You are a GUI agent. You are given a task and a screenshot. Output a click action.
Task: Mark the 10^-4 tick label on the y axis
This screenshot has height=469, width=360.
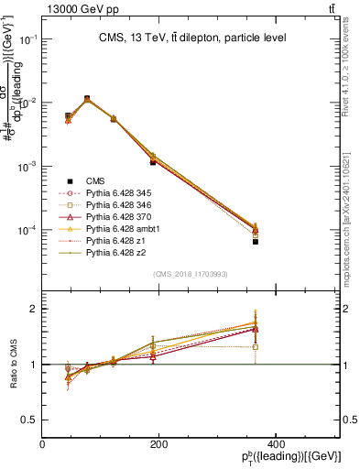[x=27, y=230]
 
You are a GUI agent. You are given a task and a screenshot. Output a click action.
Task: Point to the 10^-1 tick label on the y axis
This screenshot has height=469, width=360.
[x=27, y=40]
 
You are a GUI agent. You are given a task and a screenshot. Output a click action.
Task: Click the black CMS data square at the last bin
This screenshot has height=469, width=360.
[x=333, y=242]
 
